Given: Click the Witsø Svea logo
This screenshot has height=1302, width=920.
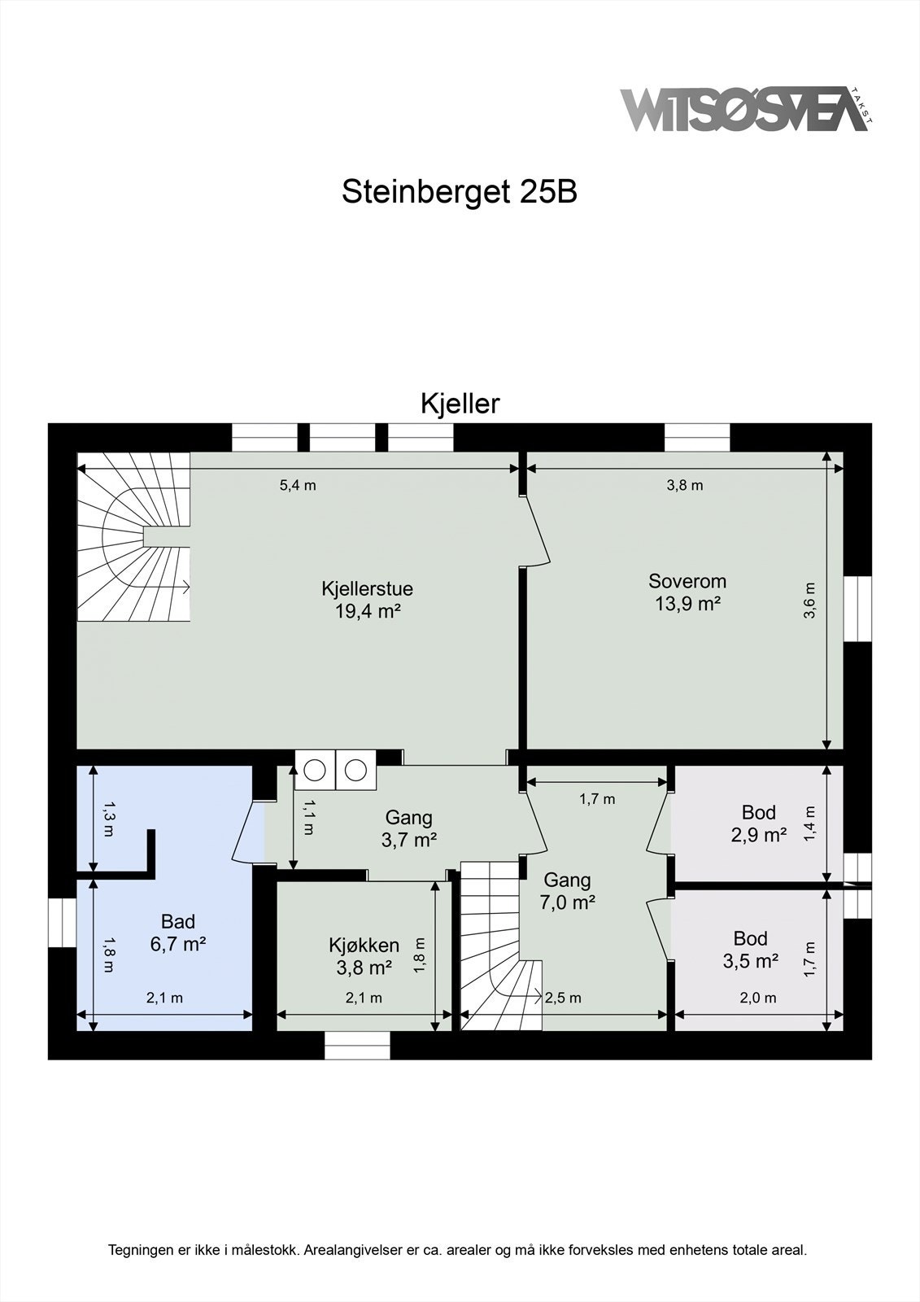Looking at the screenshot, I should click(x=744, y=109).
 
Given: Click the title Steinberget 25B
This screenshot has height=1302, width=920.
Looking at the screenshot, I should click(x=459, y=192).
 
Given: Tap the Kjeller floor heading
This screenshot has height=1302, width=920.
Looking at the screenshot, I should click(x=460, y=404).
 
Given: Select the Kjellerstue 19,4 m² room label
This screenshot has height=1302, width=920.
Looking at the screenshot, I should click(x=367, y=600).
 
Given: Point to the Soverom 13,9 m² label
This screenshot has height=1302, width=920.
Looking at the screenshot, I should click(x=687, y=592).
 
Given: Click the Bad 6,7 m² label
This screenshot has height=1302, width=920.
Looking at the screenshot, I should click(x=177, y=933).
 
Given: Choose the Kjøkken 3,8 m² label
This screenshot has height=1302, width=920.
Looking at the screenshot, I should click(x=364, y=956).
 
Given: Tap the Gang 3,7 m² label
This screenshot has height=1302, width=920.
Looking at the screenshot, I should click(x=408, y=828).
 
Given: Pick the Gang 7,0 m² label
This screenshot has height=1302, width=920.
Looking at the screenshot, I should click(x=567, y=890).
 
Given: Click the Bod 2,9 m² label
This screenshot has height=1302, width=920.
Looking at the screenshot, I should click(x=758, y=823).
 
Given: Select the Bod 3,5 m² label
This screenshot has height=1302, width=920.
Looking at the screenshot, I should click(x=750, y=949).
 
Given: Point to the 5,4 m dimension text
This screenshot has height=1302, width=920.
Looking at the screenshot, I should click(x=298, y=486).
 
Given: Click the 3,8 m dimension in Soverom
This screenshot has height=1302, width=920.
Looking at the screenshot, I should click(x=685, y=486).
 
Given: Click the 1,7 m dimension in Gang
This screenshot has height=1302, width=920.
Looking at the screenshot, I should click(x=597, y=799).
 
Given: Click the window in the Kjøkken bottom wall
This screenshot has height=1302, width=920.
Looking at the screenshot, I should click(x=357, y=1046).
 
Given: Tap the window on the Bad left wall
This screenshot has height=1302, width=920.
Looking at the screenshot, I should click(x=62, y=922).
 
